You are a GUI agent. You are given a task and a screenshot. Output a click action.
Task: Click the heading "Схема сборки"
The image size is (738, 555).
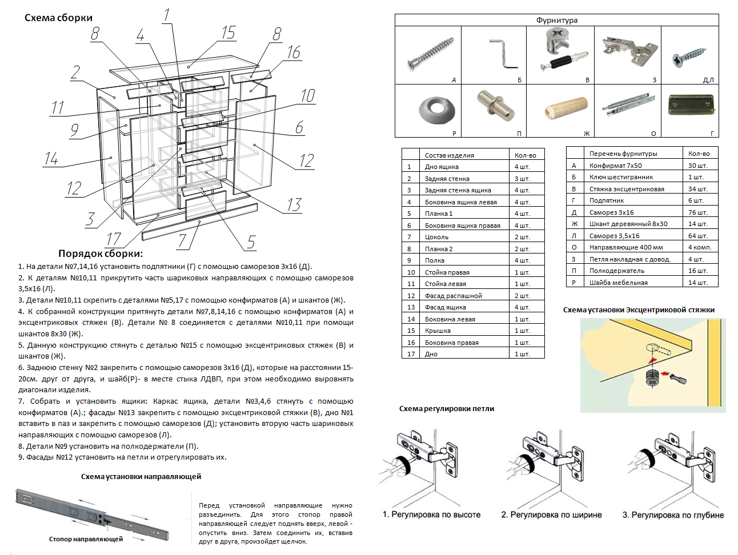click(x=58, y=18)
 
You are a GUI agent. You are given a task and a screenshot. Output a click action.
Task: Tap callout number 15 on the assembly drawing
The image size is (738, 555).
click(x=228, y=33)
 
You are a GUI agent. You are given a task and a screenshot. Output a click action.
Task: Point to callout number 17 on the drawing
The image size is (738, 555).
click(x=114, y=239)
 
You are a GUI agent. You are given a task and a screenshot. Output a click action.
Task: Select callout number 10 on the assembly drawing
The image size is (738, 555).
click(x=308, y=96)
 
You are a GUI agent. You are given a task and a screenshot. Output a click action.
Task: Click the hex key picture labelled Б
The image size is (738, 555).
click(x=503, y=53)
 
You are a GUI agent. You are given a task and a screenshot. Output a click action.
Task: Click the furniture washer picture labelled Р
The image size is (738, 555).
click(x=437, y=108)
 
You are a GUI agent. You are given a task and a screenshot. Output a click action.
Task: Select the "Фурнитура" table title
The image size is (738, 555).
click(x=556, y=20)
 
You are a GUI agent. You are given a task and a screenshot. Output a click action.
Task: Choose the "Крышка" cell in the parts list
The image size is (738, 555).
click(x=438, y=331)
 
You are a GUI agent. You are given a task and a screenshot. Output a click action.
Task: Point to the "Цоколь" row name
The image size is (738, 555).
click(x=436, y=237)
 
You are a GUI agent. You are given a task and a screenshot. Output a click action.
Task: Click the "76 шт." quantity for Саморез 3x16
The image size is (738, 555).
click(x=697, y=212)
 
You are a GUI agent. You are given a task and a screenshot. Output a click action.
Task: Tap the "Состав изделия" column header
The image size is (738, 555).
click(x=449, y=155)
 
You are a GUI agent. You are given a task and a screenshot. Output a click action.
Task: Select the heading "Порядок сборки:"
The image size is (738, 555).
click(x=101, y=254)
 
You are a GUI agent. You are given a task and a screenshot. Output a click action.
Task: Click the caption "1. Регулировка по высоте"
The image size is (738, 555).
click(x=431, y=514)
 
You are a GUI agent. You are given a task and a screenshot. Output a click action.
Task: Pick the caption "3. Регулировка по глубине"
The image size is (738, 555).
click(x=673, y=515)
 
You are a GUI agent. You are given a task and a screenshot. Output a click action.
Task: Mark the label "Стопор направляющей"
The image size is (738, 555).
click(x=86, y=539)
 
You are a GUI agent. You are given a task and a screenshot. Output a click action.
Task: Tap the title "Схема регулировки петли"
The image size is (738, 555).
click(x=447, y=409)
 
